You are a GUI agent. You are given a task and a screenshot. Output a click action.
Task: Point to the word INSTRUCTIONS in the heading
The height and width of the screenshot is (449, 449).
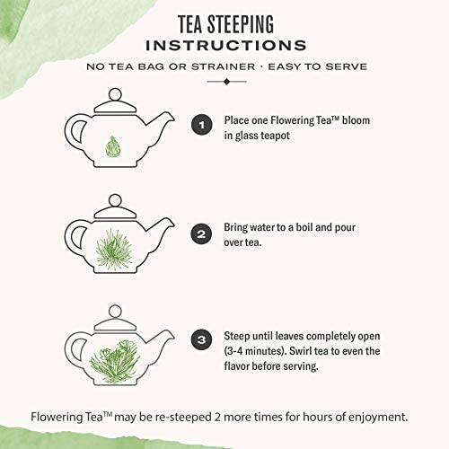[225, 44]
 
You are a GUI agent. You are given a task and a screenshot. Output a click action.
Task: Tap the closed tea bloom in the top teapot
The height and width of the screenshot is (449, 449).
[112, 143]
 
